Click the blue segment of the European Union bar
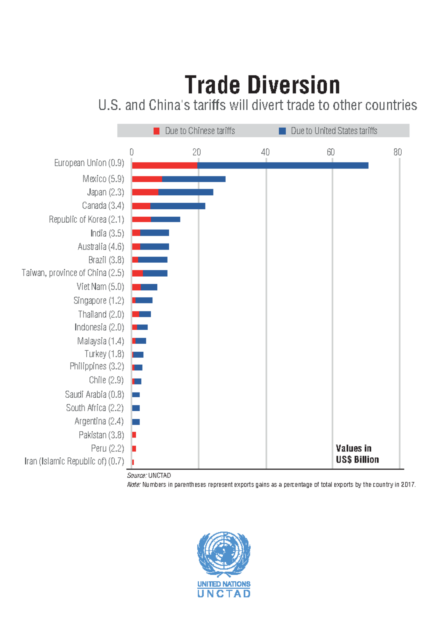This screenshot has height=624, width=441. pos(283,166)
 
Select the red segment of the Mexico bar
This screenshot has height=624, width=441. pos(147,179)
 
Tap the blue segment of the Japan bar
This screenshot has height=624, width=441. pos(186,192)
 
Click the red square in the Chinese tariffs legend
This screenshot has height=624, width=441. pos(157,131)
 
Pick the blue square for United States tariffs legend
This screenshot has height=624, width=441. pos(282,131)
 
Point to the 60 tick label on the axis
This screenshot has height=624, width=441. pos(331,152)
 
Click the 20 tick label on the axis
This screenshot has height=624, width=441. pos(197,152)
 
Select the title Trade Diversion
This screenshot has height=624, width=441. pos(262,85)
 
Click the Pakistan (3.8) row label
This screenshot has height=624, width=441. pos(101,435)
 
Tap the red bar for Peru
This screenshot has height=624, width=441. pos(134,449)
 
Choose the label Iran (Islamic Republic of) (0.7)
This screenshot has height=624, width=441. pos(74,461)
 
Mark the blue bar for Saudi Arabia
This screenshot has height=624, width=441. pos(136,395)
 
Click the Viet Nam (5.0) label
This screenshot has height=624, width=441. pos(100,287)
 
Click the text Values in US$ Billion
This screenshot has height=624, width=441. pos(357,454)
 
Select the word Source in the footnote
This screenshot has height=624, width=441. pos(136,476)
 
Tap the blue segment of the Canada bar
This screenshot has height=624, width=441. pos(178,206)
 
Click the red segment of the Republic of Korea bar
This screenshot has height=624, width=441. pos(141,220)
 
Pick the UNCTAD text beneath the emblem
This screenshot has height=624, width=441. pos(224,593)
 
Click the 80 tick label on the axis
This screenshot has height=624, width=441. pos(397,152)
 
